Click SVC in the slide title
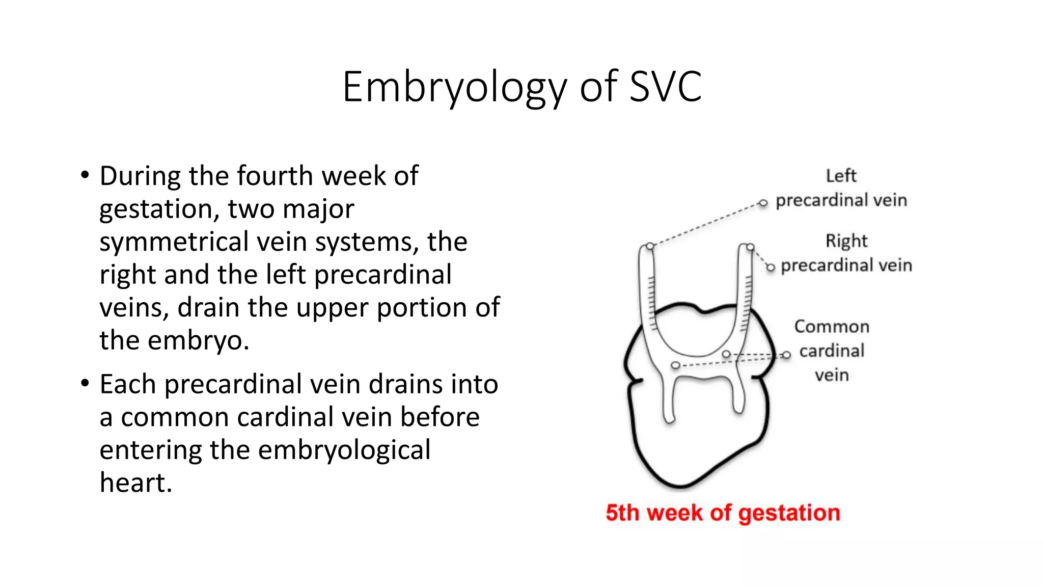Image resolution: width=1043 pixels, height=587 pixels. click(x=666, y=87)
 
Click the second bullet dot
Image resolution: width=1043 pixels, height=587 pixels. click(x=85, y=384)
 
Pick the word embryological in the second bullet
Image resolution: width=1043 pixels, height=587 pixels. click(x=344, y=450)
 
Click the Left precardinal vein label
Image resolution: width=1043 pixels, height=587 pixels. click(x=841, y=188)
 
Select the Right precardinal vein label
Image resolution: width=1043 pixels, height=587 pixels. click(x=846, y=253)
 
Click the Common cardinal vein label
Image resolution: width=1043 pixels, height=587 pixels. click(x=832, y=351)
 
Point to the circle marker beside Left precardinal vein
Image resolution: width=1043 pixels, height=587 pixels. click(x=763, y=203)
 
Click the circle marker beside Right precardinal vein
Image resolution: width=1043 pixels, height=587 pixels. click(x=771, y=268)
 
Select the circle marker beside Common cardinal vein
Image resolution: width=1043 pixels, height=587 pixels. click(x=787, y=355)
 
